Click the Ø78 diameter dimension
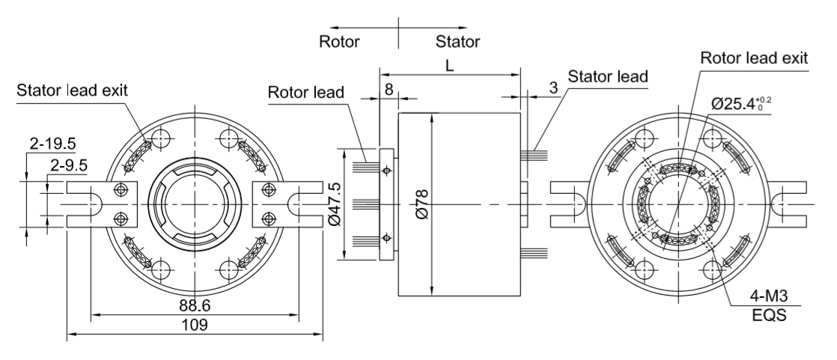click(424, 204)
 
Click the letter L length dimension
click(449, 66)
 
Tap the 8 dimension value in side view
click(389, 88)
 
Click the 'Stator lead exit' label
click(72, 91)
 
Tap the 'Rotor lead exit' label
click(754, 58)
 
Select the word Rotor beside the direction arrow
click(340, 41)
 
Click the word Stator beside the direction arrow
click(457, 41)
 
